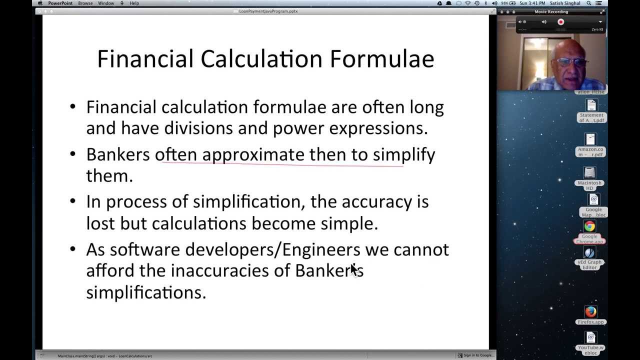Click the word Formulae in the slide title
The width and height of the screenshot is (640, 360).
click(x=381, y=59)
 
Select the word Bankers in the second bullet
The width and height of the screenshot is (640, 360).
click(x=118, y=154)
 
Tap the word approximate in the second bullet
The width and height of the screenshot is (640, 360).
click(x=253, y=154)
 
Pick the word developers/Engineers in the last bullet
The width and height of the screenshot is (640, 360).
click(x=272, y=249)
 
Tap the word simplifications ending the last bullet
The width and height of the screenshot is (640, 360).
click(x=146, y=292)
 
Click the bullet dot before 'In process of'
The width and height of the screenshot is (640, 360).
click(x=73, y=201)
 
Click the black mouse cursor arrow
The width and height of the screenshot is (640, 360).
click(x=354, y=270)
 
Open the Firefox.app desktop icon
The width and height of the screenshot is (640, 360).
click(x=590, y=312)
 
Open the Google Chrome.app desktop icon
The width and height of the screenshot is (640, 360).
click(x=590, y=227)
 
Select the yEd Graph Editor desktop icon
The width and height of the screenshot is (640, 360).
click(x=590, y=253)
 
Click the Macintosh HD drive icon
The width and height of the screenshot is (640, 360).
click(x=590, y=173)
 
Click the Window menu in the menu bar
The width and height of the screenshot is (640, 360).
click(x=106, y=3)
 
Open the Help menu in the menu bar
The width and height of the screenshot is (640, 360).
click(x=134, y=3)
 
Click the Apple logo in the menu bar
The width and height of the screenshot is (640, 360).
click(x=40, y=3)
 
